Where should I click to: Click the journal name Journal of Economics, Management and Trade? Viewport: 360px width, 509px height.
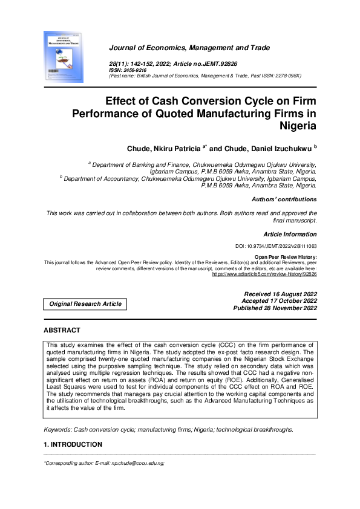[x=189, y=48]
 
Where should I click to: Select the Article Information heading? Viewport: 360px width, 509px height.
[x=289, y=234]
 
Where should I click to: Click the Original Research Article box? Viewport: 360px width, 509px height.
[x=85, y=303]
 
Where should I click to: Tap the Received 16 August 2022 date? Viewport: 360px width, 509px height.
[x=279, y=294]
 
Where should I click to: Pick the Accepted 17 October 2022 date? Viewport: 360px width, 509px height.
[x=279, y=300]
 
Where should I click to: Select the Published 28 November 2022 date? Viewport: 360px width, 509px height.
[x=275, y=308]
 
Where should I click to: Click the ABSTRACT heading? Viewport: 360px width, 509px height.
[x=62, y=331]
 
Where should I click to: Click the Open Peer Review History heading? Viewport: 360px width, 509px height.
[x=286, y=257]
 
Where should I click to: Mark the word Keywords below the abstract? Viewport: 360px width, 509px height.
[x=57, y=429]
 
